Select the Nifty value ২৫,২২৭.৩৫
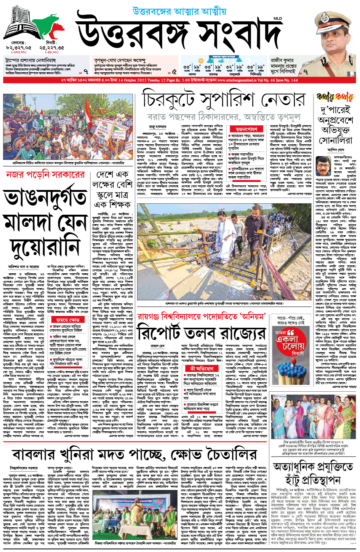pos(51,48)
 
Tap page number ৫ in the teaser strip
pos(174,71)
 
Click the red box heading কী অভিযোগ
pos(202,369)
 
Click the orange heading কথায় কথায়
pos(335,97)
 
